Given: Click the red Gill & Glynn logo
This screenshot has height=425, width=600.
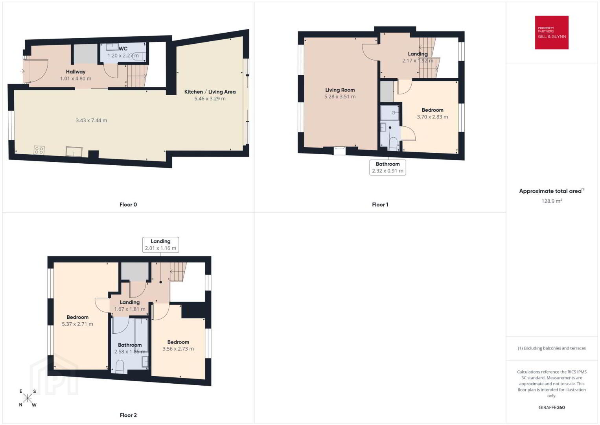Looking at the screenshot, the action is coord(552,32).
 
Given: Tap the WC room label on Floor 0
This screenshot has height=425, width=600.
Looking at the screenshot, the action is coord(123,48).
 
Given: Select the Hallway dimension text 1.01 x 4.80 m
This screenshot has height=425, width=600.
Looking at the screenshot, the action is coord(75,79).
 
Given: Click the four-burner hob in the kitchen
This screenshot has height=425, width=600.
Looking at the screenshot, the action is coord(39,150).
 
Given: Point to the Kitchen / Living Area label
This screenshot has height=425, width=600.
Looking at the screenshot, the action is coord(210,92).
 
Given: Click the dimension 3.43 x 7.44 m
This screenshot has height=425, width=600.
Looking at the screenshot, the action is coord(91,120).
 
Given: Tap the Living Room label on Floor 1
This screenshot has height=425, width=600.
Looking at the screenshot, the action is coord(340,90).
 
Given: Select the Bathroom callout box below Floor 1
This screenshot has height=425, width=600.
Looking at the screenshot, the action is coord(388,167).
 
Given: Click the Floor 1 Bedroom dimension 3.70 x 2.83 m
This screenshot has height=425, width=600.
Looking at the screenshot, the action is coord(433,116).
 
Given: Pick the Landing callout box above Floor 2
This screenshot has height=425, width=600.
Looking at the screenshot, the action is coord(160,244).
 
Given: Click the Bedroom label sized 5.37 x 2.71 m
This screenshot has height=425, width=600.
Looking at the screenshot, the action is coord(77,317).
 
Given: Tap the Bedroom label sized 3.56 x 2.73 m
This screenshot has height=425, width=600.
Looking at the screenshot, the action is coord(178,342).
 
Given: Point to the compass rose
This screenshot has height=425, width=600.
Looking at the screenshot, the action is coord(27,398).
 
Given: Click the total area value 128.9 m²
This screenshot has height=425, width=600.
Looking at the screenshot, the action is coord(552,201).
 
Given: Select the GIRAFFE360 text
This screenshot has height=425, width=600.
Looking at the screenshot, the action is coord(552,407).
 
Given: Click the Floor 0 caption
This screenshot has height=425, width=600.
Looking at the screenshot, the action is coord(128,205).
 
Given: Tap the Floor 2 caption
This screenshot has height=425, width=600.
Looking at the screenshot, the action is coord(128,415).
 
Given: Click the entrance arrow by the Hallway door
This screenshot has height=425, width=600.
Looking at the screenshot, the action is coord(22,71).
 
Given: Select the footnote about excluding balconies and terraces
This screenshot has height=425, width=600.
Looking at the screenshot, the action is coord(552,348).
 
